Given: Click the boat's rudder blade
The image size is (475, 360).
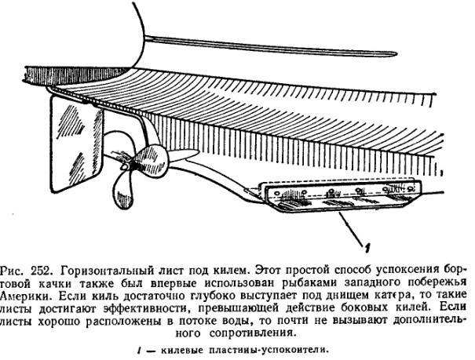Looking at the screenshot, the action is (75, 142).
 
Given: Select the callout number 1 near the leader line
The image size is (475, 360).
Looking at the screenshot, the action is (367, 248).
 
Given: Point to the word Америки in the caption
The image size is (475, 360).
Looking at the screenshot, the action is (24, 296).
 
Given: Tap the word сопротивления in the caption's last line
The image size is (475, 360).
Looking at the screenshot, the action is (251, 333).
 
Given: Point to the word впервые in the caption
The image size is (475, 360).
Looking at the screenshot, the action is (174, 283).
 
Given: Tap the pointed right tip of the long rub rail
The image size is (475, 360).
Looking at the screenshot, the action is (396, 54).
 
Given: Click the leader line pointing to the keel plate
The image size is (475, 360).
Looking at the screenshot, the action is (352, 227).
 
